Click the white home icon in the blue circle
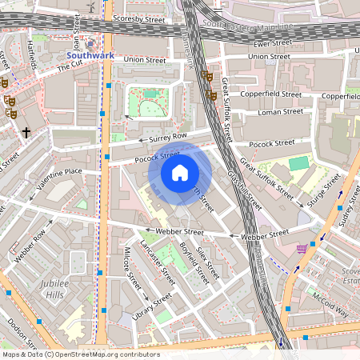(180, 172)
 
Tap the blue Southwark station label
(91, 56)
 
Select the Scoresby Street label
(138, 16)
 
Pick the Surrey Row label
(168, 138)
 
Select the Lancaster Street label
(158, 262)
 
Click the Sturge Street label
(324, 190)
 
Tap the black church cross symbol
(26, 131)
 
